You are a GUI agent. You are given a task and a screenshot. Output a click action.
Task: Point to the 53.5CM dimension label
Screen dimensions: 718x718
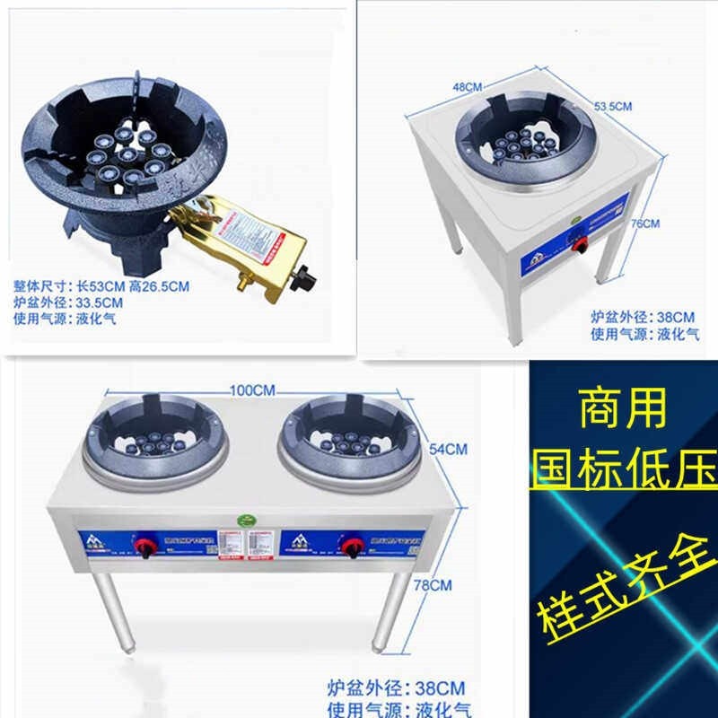[x=614, y=106]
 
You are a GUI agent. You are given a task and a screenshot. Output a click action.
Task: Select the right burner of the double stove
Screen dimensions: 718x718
[x=350, y=439]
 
